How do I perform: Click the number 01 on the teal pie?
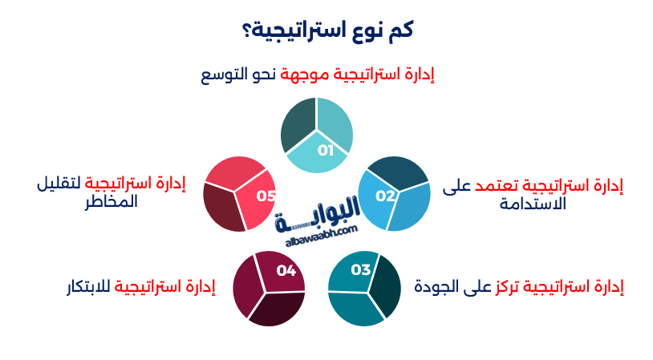coord(325,150)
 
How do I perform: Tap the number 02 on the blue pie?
coord(386,196)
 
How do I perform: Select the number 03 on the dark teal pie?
coord(360,269)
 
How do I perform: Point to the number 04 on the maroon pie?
coord(286,270)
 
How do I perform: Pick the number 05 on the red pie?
coord(266,196)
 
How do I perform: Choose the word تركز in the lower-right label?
coord(504,285)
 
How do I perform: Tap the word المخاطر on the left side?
coord(112,201)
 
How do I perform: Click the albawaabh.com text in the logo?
coord(320,233)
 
